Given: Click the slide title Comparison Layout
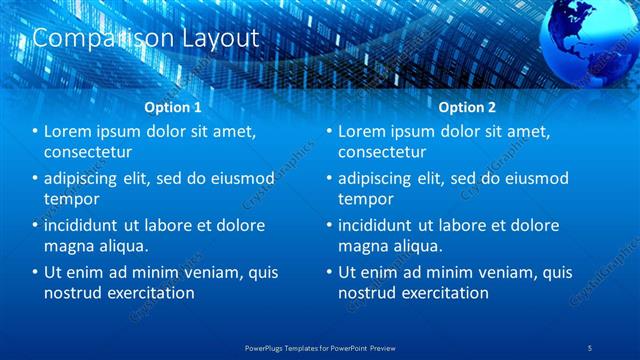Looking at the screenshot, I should (146, 38).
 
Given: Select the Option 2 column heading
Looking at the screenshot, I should (466, 106).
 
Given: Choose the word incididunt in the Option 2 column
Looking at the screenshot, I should (383, 225).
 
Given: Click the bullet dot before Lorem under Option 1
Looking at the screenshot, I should (34, 132).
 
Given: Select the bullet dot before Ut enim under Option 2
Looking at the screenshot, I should (327, 272).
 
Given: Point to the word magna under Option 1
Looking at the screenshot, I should (69, 246).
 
